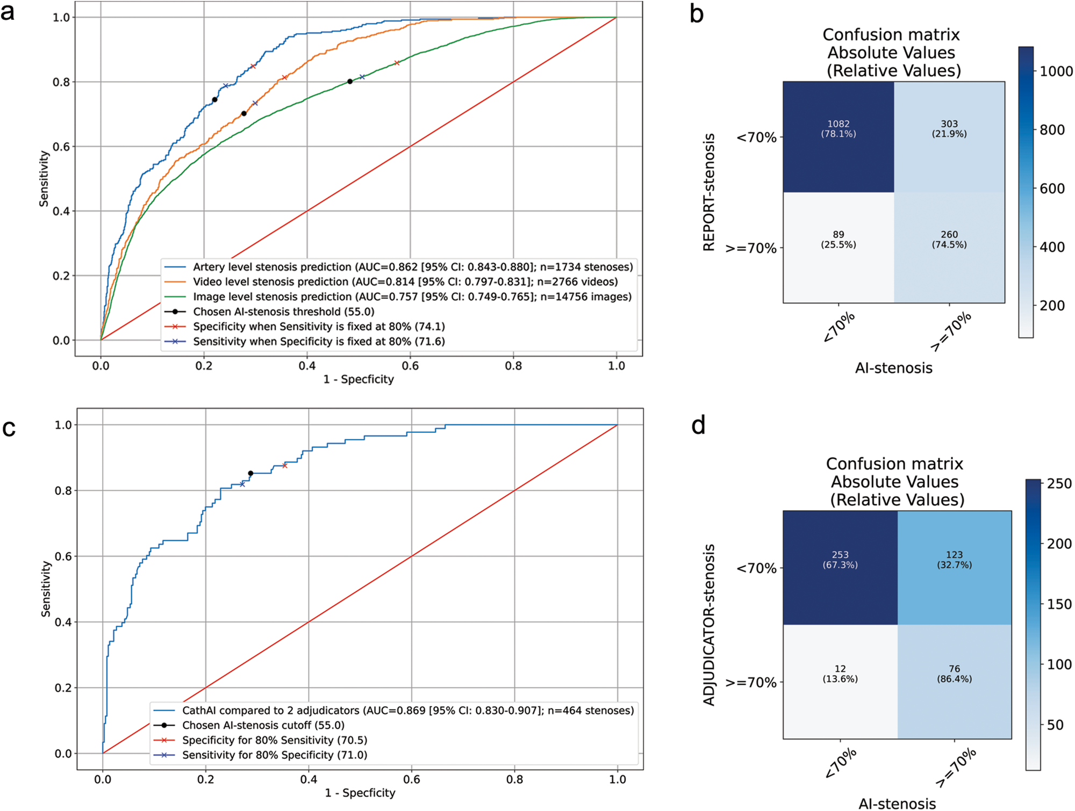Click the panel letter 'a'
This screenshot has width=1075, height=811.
click(8, 12)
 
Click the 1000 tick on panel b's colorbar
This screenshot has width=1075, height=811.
click(1056, 71)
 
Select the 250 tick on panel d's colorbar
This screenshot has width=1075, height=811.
click(1059, 484)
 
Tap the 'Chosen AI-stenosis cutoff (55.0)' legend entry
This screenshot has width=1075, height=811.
click(263, 726)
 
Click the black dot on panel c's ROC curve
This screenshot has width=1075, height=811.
click(250, 474)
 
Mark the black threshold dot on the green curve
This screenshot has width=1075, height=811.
click(350, 82)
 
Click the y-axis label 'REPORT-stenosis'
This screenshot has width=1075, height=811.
click(709, 192)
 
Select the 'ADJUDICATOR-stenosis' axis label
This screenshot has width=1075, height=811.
click(709, 625)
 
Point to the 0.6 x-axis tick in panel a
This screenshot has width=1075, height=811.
click(410, 366)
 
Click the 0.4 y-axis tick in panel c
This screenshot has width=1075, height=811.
click(63, 622)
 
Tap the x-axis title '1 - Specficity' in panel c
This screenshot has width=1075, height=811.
click(360, 793)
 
